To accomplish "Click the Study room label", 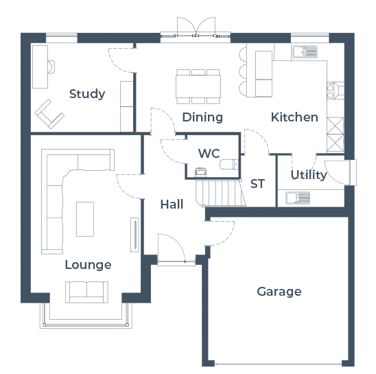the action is [x=87, y=94].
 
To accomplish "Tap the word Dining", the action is [x=202, y=117].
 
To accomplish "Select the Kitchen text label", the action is [x=295, y=117].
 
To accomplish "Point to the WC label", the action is [x=209, y=153].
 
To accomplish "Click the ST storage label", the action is [x=257, y=184].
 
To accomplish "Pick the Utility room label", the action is [x=309, y=174].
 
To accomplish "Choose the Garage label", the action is [x=279, y=292].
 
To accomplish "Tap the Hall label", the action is [x=172, y=204].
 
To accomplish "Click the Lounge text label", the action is [x=89, y=265].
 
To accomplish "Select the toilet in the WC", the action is [x=229, y=164].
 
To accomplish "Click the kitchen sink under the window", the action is [x=305, y=51].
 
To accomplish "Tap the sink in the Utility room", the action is [x=298, y=198].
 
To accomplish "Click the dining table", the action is [x=198, y=86].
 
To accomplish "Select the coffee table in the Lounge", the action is [x=85, y=219].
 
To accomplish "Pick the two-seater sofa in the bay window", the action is [x=86, y=292].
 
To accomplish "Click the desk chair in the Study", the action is [x=51, y=67].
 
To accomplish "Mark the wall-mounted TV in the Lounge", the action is [x=134, y=235].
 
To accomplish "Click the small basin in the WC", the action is [x=201, y=172].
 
